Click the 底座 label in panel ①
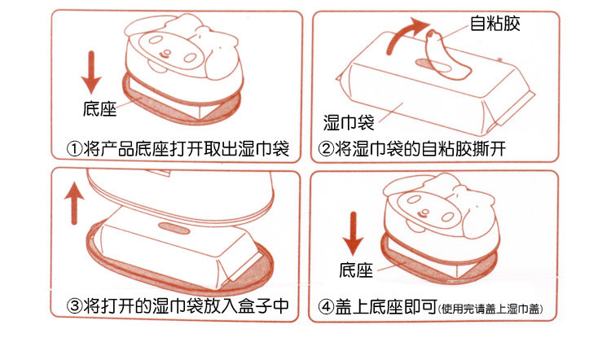(x=100, y=108)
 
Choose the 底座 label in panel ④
(x=356, y=270)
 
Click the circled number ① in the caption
(x=74, y=150)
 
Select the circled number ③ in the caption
(x=74, y=306)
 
